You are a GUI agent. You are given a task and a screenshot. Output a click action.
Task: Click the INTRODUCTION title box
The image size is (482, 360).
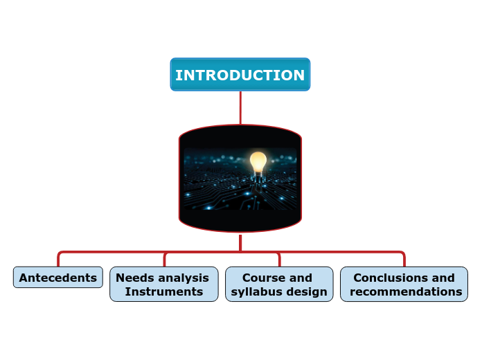pos(240,75)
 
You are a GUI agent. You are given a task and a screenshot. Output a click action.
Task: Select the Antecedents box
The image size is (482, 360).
pos(58,278)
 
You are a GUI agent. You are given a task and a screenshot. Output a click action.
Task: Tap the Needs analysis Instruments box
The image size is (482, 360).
pos(163,285)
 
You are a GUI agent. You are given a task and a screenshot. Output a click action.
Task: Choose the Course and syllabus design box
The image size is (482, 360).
pos(279,285)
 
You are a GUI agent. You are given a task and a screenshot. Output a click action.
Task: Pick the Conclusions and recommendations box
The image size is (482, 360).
pos(404,285)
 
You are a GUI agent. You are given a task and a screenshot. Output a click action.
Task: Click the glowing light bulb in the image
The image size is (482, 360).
pos(258,162)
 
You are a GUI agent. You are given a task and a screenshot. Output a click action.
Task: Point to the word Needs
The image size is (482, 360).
pos(136,278)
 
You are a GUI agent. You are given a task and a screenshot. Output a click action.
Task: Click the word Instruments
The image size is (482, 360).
pos(164,292)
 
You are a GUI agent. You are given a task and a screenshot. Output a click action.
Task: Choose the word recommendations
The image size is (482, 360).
pos(406,292)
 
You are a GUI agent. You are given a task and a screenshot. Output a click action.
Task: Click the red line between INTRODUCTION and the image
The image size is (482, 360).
pos(240,107)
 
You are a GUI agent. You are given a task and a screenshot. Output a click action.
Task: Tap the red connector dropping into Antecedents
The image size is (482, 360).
pos(58,259)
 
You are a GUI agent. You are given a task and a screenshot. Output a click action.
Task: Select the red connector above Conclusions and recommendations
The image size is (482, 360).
pos(404,259)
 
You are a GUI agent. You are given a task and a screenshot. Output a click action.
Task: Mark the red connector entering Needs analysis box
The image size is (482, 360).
pos(164,260)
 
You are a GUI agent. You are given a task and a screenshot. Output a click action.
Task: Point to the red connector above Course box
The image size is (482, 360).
pos(279,260)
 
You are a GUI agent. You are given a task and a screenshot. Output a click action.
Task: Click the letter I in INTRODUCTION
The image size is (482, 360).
pos(178,75)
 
